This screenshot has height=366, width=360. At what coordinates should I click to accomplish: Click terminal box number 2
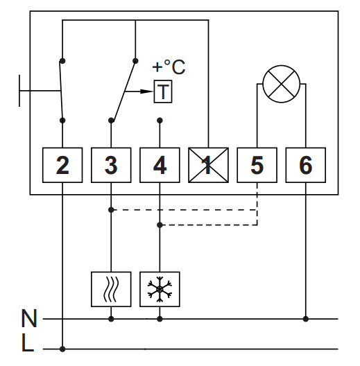[62, 165]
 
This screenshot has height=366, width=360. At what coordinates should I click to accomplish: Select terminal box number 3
[111, 165]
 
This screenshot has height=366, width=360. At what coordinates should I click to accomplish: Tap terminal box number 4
[160, 165]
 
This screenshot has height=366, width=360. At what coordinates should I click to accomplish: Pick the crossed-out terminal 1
[208, 165]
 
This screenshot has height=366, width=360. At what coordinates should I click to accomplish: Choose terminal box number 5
[257, 165]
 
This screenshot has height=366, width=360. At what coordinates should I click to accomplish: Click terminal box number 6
[306, 165]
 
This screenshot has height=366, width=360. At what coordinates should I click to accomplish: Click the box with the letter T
[163, 91]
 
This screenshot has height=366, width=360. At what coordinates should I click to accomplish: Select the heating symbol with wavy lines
[111, 289]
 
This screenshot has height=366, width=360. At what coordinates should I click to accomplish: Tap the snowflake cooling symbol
[160, 289]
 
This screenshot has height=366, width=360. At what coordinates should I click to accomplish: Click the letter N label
[29, 318]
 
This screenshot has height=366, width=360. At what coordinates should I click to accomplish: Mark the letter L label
[28, 342]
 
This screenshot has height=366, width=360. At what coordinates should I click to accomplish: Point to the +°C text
[169, 67]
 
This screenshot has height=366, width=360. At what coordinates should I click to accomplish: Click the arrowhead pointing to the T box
[146, 91]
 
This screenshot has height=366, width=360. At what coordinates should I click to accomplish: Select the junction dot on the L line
[62, 349]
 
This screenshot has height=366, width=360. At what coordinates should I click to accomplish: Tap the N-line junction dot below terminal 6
[306, 319]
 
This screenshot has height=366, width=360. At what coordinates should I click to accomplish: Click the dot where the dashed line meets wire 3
[111, 210]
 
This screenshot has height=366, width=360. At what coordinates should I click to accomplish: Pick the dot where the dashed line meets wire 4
[160, 225]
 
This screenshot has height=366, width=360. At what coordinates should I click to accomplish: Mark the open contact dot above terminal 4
[160, 121]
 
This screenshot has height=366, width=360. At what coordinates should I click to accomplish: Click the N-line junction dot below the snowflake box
[160, 319]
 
